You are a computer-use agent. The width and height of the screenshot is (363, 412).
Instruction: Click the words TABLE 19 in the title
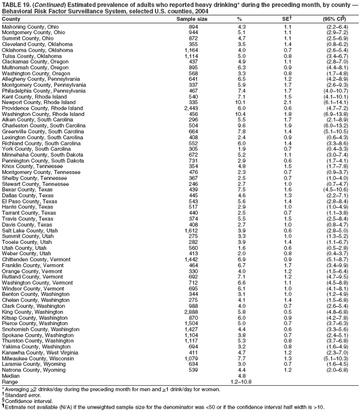tap(17, 5)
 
